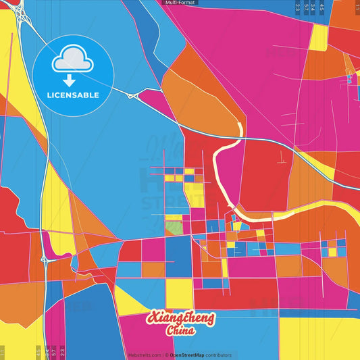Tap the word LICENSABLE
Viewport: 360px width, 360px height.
coord(74,95)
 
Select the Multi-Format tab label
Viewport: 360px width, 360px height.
coord(179,3)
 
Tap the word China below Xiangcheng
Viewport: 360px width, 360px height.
coord(181,331)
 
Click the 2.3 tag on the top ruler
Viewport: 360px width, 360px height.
coord(298,7)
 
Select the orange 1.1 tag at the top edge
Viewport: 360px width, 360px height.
coord(357,7)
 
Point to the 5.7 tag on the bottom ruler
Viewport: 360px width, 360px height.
coord(55,352)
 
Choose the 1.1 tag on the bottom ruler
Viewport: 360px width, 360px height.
coord(3,352)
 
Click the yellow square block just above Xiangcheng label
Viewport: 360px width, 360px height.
coord(179,292)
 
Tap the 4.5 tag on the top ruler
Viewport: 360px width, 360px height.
coord(322,7)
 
